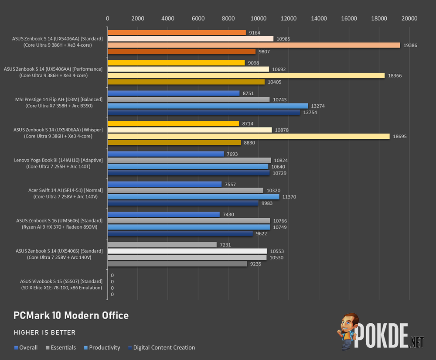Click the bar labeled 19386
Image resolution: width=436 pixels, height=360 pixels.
(254, 45)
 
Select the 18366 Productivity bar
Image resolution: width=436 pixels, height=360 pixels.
(246, 75)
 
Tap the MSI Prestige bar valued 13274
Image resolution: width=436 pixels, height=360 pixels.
(208, 106)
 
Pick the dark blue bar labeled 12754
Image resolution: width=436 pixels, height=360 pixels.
(204, 112)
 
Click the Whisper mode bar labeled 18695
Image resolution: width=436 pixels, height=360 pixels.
(249, 136)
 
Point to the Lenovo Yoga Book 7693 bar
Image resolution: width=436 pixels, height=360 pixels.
(166, 154)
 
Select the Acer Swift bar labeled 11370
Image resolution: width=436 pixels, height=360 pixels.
(194, 197)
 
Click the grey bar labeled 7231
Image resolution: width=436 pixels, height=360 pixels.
(162, 244)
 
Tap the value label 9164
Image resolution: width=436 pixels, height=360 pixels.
(255, 33)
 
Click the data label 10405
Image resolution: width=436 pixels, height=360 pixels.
(274, 82)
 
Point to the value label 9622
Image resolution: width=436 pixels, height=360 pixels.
(261, 234)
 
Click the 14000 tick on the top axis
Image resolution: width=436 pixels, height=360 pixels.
(319, 18)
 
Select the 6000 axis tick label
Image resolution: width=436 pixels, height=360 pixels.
(198, 18)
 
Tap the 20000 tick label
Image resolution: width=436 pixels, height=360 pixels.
(409, 18)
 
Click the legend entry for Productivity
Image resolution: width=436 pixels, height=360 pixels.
(102, 347)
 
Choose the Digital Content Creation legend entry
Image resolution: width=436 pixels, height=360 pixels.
(162, 347)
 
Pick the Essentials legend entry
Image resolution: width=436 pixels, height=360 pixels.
(61, 347)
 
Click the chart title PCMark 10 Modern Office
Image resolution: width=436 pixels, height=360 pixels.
(71, 315)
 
